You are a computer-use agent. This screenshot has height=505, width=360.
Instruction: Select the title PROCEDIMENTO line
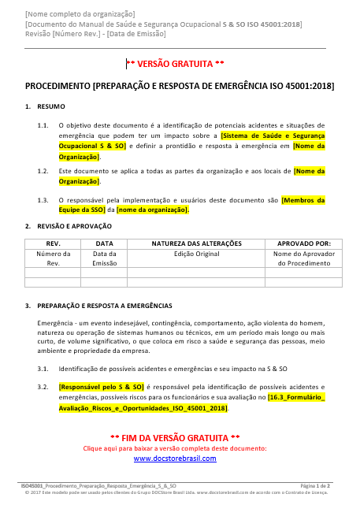click(x=180, y=84)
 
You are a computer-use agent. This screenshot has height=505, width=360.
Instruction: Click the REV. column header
click(x=54, y=243)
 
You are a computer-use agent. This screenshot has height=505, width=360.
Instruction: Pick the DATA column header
click(x=105, y=243)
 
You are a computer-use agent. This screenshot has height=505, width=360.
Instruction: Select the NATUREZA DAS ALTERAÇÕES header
click(x=196, y=243)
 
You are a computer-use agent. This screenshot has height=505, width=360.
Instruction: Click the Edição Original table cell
click(x=196, y=254)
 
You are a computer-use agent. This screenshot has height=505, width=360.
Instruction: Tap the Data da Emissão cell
click(x=105, y=258)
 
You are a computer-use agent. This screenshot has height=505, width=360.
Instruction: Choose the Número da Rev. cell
click(x=54, y=258)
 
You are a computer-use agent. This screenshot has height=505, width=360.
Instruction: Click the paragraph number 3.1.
click(x=43, y=369)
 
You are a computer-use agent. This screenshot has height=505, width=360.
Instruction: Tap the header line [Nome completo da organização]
click(x=80, y=14)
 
